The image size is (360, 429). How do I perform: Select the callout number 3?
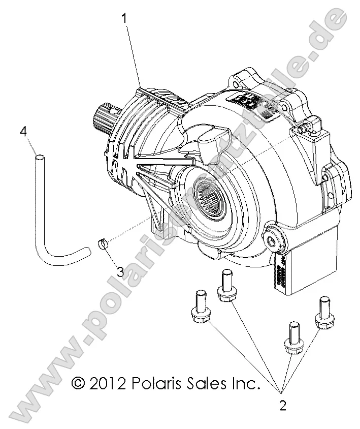click(120, 271)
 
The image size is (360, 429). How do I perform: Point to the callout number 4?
click(23, 132)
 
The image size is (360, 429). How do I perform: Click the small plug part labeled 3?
click(103, 243)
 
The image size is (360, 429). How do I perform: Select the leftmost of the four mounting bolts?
click(200, 310)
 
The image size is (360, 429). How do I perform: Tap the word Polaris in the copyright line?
click(155, 382)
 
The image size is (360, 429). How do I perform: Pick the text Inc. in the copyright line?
click(244, 382)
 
